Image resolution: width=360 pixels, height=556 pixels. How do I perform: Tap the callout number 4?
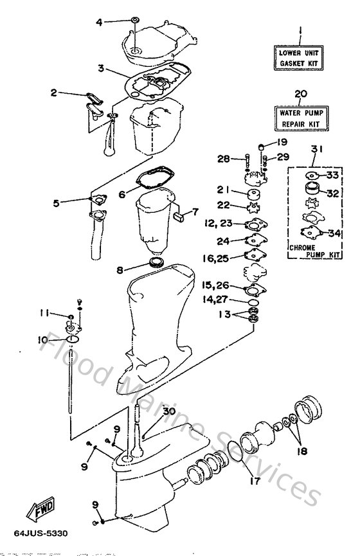(100, 22)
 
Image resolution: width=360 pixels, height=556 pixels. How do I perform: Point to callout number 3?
(101, 68)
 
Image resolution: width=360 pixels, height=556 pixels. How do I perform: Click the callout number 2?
(55, 93)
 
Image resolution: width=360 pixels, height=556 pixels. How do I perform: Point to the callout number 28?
(223, 158)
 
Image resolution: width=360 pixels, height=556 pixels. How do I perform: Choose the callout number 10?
(42, 339)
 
